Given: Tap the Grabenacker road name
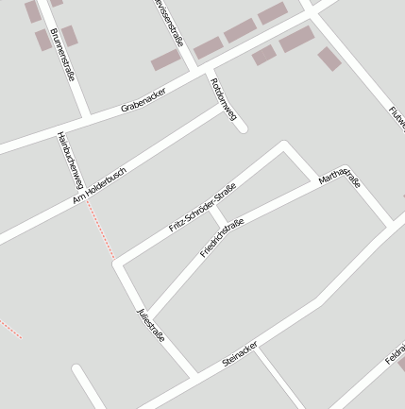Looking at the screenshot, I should (x=143, y=102).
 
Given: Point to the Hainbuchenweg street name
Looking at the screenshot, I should (x=70, y=159).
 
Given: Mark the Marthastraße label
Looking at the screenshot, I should (x=340, y=178).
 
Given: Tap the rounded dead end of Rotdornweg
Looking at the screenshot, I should (x=242, y=128).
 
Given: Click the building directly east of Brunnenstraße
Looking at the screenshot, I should (x=69, y=35).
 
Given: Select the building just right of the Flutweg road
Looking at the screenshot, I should (x=329, y=59).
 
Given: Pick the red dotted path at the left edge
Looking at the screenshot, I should (x=8, y=328).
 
